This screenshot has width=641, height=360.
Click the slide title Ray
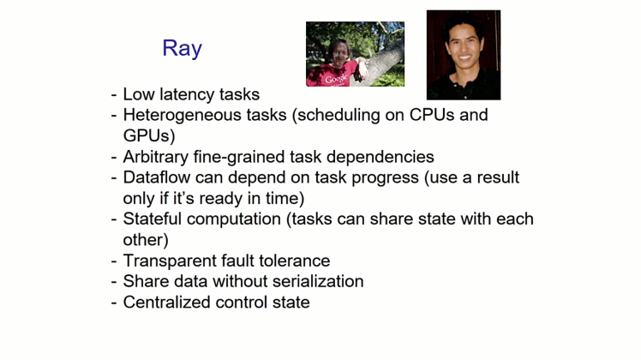[182, 48]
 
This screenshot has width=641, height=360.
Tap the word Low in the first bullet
[140, 94]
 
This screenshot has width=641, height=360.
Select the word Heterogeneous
[177, 115]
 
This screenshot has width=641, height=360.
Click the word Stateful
[155, 219]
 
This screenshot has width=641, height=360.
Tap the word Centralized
[166, 303]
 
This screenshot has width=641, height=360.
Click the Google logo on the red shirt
[336, 79]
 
